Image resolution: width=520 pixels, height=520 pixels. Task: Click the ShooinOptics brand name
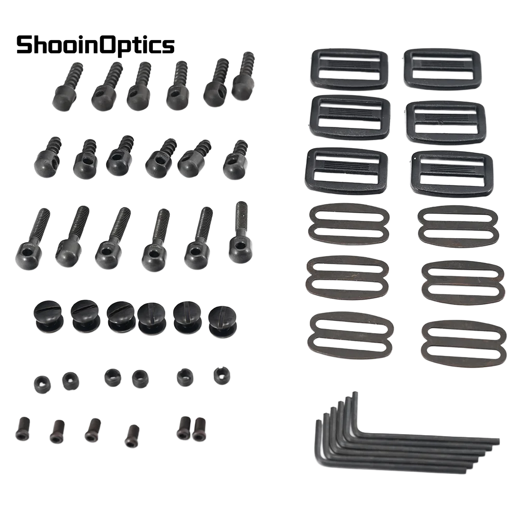[96, 45]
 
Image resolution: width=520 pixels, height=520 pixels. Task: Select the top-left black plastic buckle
[349, 69]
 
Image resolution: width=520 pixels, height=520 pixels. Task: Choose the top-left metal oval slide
[349, 223]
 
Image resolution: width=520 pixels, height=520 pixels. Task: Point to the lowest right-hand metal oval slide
[464, 343]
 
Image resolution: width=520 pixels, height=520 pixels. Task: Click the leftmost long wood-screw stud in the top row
[67, 86]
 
